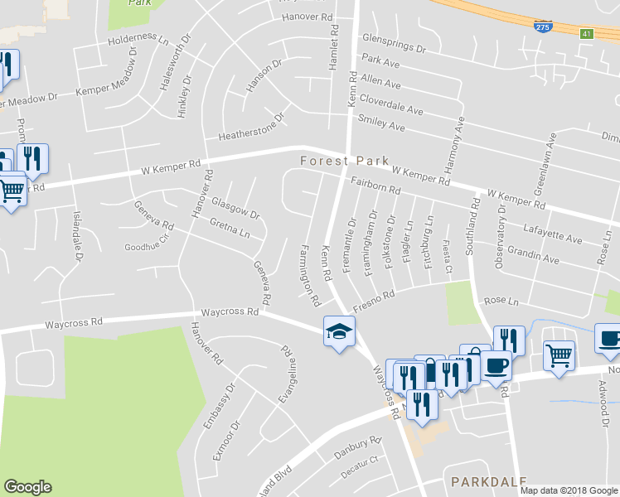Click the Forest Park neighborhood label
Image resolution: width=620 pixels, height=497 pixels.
[x=344, y=160]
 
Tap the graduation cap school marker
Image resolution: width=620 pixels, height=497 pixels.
[x=338, y=332]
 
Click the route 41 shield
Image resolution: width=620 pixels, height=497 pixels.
[x=586, y=33]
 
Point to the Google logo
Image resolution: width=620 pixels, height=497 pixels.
[x=27, y=487]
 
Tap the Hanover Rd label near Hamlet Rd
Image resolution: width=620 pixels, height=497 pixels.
[x=307, y=17]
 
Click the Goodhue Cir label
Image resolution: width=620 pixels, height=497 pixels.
[x=146, y=247]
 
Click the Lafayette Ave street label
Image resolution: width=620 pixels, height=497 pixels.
[x=553, y=229]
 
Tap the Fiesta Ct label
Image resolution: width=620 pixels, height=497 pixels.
[x=448, y=256]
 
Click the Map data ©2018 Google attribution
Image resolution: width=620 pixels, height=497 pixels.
[x=567, y=490]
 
